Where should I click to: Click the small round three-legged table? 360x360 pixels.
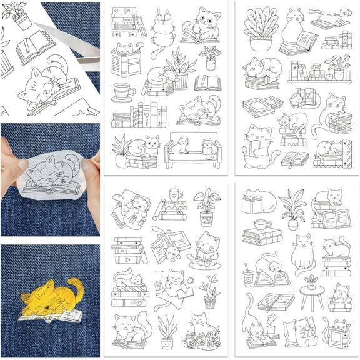point(311,294)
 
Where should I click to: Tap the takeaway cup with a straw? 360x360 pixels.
point(249,276)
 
